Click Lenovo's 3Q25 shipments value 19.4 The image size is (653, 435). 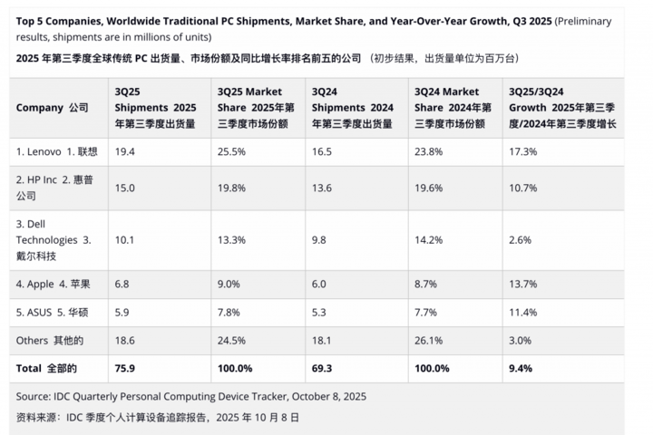[125, 151]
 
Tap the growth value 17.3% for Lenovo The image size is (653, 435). [522, 151]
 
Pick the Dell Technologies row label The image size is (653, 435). [54, 240]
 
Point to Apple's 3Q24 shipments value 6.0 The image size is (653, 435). [322, 284]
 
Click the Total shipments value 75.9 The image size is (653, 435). [125, 369]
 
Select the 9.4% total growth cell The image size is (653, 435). [521, 369]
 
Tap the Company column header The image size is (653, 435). [52, 108]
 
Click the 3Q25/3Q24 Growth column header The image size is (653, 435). [563, 108]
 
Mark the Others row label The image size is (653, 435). [49, 341]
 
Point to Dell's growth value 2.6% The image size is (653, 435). [520, 240]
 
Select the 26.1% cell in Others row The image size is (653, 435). [428, 341]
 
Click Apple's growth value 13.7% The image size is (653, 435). [522, 284]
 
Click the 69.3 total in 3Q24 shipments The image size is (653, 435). [324, 369]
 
